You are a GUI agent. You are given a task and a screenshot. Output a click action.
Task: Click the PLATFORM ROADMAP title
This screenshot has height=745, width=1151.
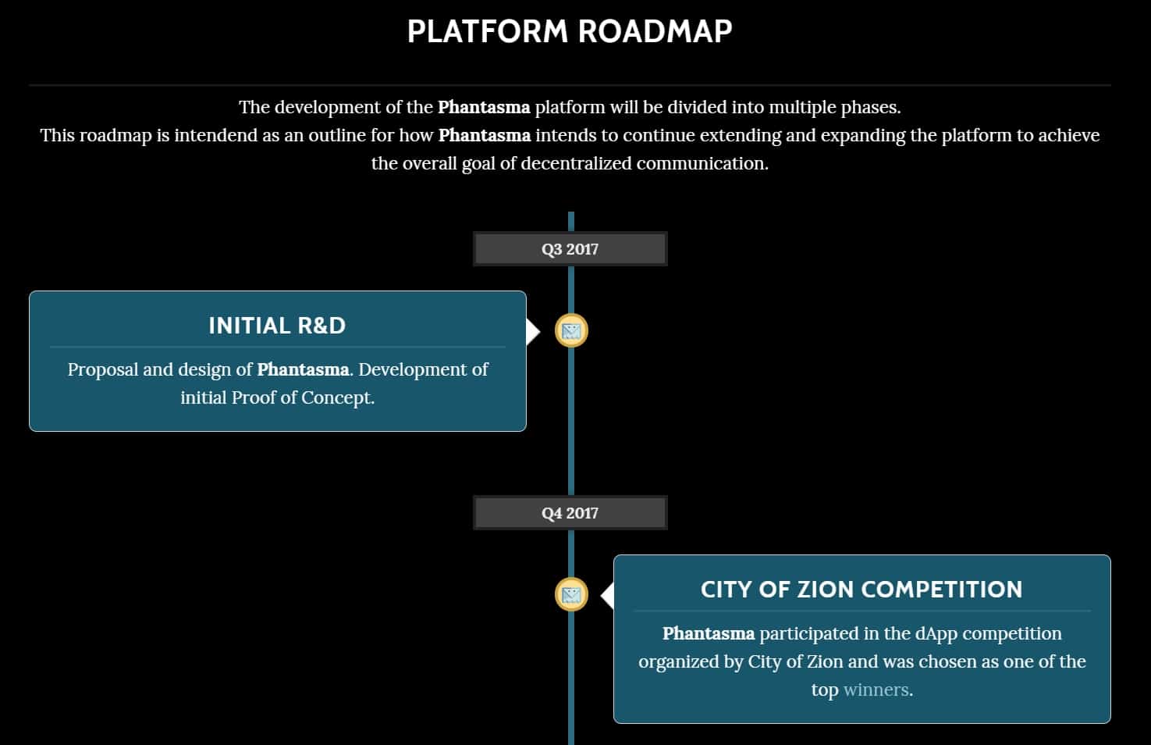570,31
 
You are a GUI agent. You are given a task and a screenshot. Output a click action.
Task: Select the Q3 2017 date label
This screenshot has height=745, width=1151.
570,249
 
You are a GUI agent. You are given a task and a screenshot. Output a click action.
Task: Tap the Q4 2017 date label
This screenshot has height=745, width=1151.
570,513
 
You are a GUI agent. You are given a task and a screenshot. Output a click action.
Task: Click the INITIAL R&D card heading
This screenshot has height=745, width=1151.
277,326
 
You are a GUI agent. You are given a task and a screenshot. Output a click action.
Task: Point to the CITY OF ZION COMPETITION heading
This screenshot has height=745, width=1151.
861,590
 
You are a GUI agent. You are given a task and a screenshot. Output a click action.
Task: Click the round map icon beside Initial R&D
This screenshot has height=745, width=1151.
571,331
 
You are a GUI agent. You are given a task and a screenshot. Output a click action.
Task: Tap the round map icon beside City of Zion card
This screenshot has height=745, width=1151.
571,595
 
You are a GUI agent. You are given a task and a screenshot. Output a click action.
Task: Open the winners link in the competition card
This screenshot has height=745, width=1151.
876,690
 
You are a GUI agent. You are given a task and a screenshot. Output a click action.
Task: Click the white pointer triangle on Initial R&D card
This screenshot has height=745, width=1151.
533,331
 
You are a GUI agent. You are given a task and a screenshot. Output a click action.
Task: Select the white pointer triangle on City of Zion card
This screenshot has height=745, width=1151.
607,596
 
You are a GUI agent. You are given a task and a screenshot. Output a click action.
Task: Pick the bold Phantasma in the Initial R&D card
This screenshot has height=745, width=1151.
303,369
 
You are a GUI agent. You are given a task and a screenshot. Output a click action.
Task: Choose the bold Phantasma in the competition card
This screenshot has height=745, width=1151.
709,633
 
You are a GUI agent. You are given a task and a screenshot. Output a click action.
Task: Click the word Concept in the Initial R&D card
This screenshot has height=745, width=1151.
337,397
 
